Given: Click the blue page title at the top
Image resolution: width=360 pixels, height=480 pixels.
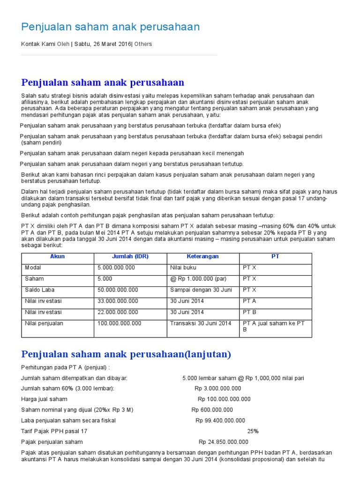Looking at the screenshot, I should tap(111, 27).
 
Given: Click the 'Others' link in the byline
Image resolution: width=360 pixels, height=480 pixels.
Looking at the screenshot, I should tap(143, 44).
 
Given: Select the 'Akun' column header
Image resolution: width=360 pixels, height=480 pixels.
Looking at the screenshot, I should tap(57, 256).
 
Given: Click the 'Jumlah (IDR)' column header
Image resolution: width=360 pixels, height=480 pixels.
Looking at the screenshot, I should tap(130, 256).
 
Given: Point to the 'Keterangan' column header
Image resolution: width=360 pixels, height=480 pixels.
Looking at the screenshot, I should tap(202, 256).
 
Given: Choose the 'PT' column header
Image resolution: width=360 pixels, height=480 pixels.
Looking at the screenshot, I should tap(275, 256).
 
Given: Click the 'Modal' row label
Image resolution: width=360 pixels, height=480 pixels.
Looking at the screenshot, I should tap(33, 268).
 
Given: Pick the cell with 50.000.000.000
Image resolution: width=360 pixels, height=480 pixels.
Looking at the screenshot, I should tap(118, 290).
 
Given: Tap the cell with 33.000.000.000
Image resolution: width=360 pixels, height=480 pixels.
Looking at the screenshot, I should tap(118, 301).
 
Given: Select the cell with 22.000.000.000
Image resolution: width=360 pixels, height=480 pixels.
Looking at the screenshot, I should tap(118, 312).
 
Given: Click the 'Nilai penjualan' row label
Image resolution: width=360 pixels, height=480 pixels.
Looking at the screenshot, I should tap(44, 323).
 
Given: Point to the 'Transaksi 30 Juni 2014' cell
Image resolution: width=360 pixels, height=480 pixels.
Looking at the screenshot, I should tap(201, 323).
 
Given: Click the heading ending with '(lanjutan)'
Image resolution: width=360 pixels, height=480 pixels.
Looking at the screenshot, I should tap(126, 354).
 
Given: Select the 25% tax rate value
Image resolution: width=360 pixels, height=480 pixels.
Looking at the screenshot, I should tap(253, 431).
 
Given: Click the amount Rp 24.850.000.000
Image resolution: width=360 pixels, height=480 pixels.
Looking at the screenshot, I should tap(224, 442).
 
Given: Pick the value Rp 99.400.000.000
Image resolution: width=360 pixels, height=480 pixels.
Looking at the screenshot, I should tap(220, 420).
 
